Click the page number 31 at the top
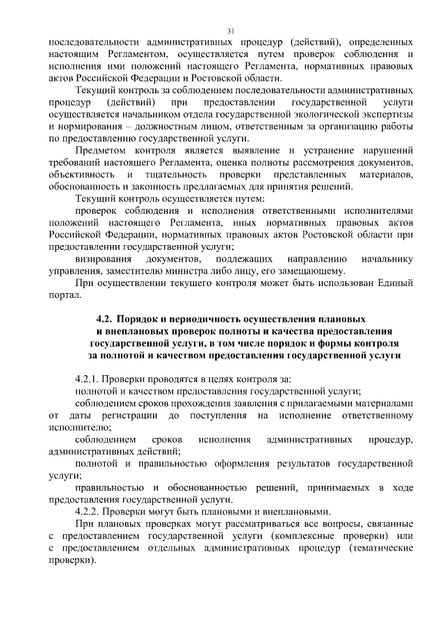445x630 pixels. coord(229,31)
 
